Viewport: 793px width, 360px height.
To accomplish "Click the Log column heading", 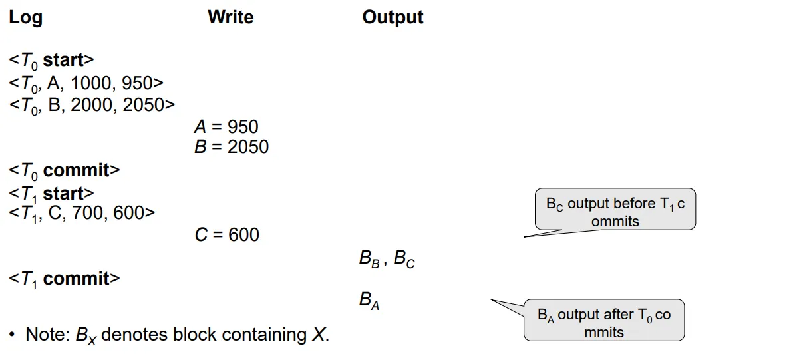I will [x=26, y=18].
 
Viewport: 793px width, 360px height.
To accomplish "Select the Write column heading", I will [x=230, y=17].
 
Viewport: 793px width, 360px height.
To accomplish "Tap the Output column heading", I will [x=393, y=17].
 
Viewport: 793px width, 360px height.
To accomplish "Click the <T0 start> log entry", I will [x=52, y=60].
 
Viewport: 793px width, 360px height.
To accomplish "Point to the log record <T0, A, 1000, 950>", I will [x=86, y=83].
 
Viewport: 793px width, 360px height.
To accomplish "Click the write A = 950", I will [x=226, y=126].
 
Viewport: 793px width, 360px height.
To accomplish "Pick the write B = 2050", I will [x=231, y=146].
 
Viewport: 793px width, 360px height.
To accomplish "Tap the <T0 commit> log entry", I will [x=65, y=170].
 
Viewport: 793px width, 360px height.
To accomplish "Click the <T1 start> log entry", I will [x=52, y=194].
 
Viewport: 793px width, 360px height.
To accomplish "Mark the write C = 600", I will [x=226, y=234].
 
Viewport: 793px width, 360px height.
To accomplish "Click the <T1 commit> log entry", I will [x=65, y=279].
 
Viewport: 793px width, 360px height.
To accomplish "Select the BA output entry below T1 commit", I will [x=369, y=301].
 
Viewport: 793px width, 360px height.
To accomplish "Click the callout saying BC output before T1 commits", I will [x=615, y=212].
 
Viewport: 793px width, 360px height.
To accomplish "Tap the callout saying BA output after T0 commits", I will [x=603, y=323].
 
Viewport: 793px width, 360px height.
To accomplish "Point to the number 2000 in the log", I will [x=92, y=104].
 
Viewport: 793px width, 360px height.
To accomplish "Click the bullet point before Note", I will [x=12, y=333].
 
